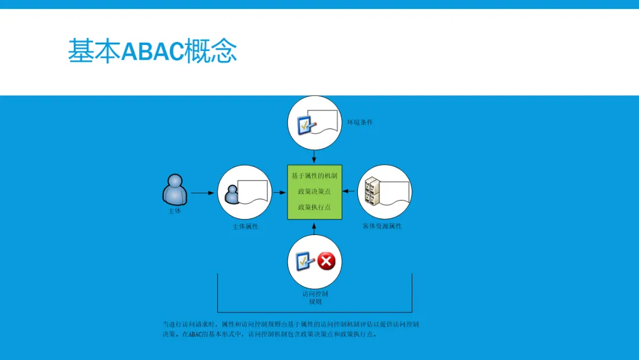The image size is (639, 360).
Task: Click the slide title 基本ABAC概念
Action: click(x=152, y=50)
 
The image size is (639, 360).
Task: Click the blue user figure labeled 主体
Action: click(x=175, y=189)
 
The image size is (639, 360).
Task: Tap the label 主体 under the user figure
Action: click(x=175, y=211)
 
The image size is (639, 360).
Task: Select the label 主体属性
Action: click(x=245, y=227)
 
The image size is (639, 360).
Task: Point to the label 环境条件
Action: click(x=360, y=122)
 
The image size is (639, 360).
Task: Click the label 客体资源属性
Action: click(x=382, y=226)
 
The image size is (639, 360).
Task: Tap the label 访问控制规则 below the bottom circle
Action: click(x=315, y=298)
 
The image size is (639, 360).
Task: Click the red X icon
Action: click(x=327, y=261)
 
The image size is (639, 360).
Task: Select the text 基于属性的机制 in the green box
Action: click(x=314, y=176)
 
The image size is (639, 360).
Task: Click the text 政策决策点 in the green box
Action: click(x=314, y=191)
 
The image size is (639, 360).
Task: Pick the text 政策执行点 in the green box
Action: click(x=314, y=207)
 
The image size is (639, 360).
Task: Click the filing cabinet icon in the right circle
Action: click(x=372, y=191)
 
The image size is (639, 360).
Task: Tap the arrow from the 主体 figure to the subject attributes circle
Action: click(x=202, y=193)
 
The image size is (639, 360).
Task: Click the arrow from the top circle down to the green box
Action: click(x=314, y=156)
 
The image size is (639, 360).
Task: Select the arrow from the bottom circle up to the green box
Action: click(x=314, y=229)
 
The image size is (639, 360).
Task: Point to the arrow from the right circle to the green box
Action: click(x=349, y=191)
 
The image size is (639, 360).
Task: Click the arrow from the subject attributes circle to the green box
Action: click(x=279, y=192)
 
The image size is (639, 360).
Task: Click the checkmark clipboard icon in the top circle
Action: click(x=306, y=125)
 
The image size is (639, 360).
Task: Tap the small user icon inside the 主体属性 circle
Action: click(x=232, y=194)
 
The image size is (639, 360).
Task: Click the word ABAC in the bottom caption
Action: click(x=195, y=335)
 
